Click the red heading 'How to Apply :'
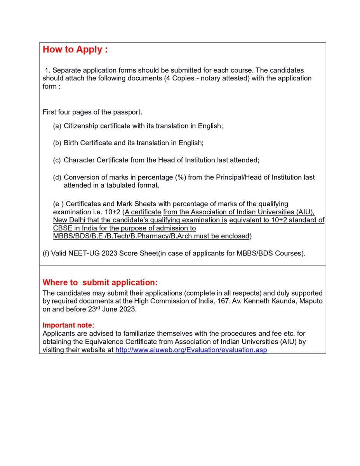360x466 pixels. (75, 50)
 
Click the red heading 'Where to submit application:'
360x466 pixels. (100, 282)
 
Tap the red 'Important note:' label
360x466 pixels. (68, 325)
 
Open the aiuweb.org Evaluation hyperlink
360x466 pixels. (191, 350)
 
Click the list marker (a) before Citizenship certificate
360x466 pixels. (57, 126)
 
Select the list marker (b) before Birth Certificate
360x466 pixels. (57, 143)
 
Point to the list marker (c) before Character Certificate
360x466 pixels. (57, 160)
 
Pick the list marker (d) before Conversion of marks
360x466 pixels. (57, 177)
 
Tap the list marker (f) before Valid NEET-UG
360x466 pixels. (47, 254)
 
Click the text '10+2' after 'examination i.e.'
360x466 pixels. (113, 212)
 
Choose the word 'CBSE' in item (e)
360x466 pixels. (62, 228)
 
